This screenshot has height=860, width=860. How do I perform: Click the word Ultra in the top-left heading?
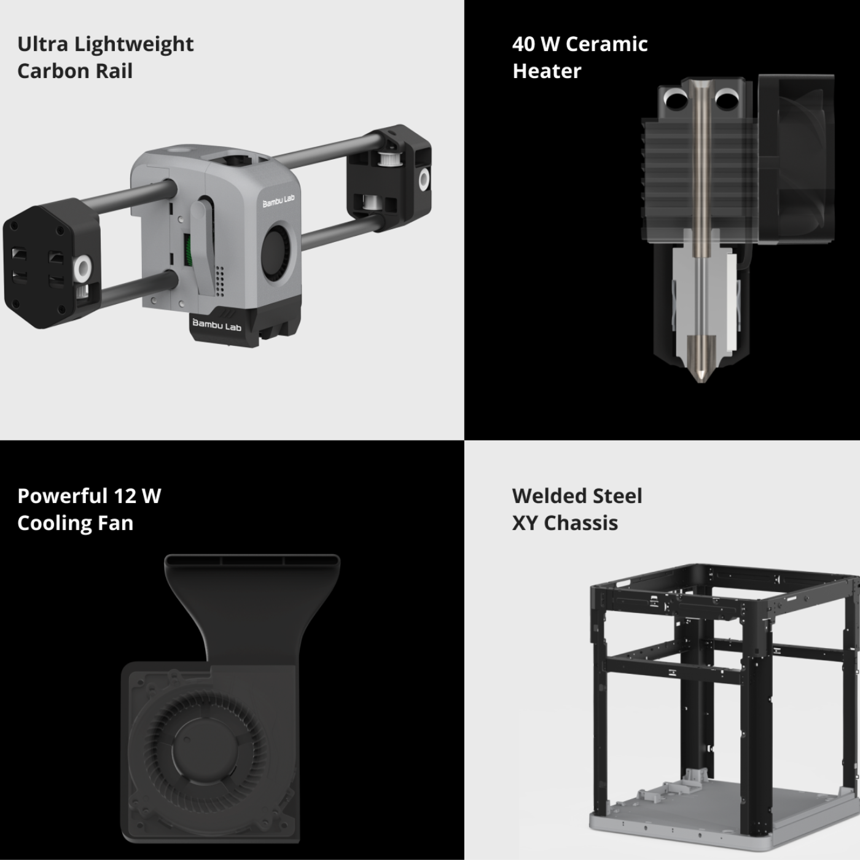point(43,44)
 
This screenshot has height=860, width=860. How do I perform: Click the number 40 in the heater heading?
point(523,44)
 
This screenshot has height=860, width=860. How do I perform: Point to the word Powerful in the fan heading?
point(63,496)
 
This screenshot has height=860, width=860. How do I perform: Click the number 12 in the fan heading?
point(125,496)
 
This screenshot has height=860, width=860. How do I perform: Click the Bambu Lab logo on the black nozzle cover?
point(216,325)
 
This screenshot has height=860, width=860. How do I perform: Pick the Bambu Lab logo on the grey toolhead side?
point(278,201)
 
